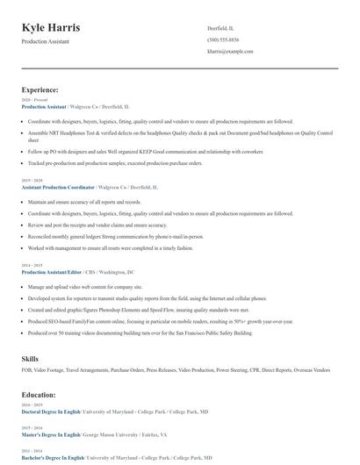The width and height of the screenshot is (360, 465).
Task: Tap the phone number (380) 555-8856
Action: [223, 40]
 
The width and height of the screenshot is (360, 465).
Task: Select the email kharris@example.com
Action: [230, 52]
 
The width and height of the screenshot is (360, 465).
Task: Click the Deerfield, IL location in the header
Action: [221, 28]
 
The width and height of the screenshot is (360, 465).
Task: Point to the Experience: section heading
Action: [40, 89]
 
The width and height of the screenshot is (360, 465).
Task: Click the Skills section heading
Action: [31, 359]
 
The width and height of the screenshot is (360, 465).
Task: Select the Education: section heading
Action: [39, 395]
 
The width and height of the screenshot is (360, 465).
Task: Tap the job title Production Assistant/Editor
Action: [50, 272]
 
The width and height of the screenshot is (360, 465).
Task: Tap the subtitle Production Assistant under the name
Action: [46, 42]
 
